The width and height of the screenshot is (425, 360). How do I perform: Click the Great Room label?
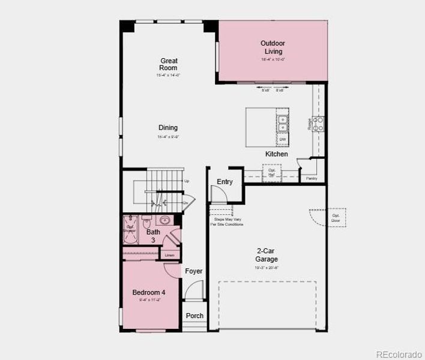[x=169, y=64]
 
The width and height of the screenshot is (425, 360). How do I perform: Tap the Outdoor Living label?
[x=273, y=47]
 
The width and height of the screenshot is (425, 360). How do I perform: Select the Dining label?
[x=168, y=128]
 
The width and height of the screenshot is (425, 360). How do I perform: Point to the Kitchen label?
[x=277, y=154]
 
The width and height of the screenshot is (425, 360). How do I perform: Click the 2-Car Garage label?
[x=267, y=256]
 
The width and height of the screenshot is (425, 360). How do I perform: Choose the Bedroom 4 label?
[x=149, y=293]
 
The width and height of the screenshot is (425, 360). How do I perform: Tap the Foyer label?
[x=193, y=271]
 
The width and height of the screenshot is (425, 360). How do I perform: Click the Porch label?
[x=194, y=316]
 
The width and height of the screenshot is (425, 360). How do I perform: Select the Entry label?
[x=225, y=182]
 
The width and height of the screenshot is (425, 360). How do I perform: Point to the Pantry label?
[x=311, y=178]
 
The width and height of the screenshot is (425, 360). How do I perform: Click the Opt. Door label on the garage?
[x=335, y=217]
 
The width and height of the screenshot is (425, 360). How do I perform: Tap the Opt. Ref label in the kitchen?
[x=272, y=172]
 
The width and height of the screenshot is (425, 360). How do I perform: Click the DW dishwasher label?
[x=282, y=139]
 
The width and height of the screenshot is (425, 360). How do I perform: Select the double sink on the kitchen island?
[x=282, y=122]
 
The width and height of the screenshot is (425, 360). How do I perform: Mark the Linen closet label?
[x=170, y=256]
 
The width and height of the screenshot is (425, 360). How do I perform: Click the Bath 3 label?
[x=154, y=236]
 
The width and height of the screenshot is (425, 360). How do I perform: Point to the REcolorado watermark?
[x=399, y=353]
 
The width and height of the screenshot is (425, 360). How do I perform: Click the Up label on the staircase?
[x=187, y=181]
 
